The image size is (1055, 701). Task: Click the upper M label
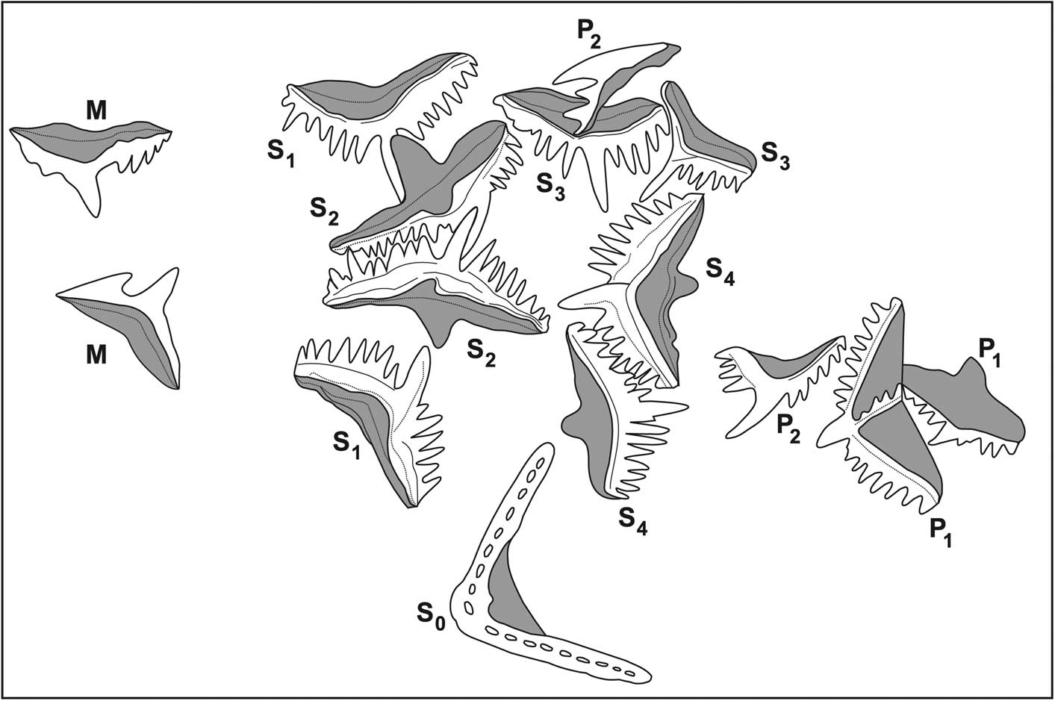pyautogui.click(x=95, y=110)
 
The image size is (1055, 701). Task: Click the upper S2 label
pyautogui.click(x=325, y=212)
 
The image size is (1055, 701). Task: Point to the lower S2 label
pyautogui.click(x=481, y=351)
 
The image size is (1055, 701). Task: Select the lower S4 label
pyautogui.click(x=632, y=520)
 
